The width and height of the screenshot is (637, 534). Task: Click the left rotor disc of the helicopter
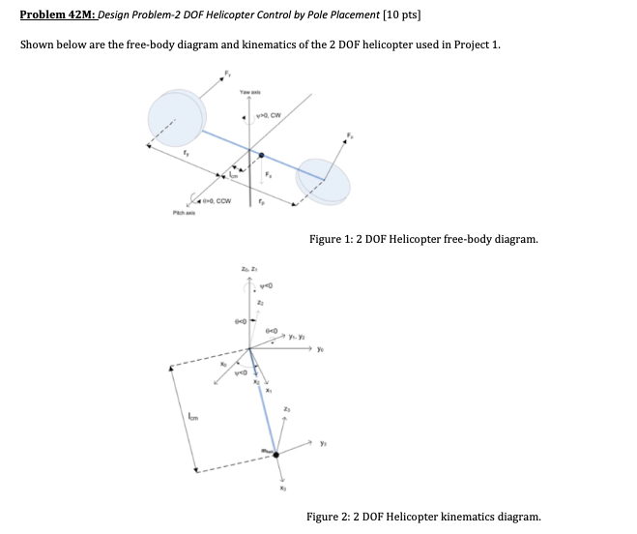[176, 115]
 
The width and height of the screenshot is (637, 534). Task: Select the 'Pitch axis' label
[182, 214]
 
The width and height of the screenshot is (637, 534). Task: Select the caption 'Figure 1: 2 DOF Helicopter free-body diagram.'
[423, 238]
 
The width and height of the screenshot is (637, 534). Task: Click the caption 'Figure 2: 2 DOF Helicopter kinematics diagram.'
[423, 517]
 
